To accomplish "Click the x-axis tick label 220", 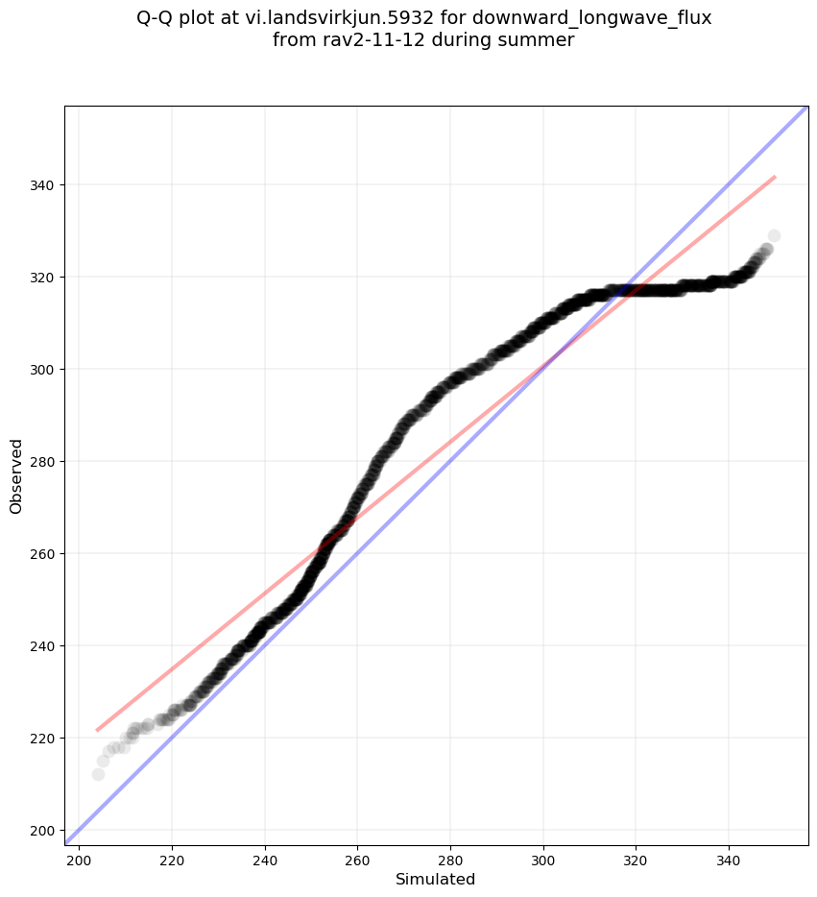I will (172, 859).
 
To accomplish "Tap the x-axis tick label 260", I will (357, 859).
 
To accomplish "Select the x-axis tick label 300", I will (543, 859).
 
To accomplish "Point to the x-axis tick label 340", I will (729, 859).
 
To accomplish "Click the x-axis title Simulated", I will (435, 879).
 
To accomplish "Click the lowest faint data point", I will (98, 774).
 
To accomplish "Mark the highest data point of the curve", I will (774, 235).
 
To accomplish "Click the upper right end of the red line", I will (775, 177).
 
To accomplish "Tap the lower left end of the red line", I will (97, 731).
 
